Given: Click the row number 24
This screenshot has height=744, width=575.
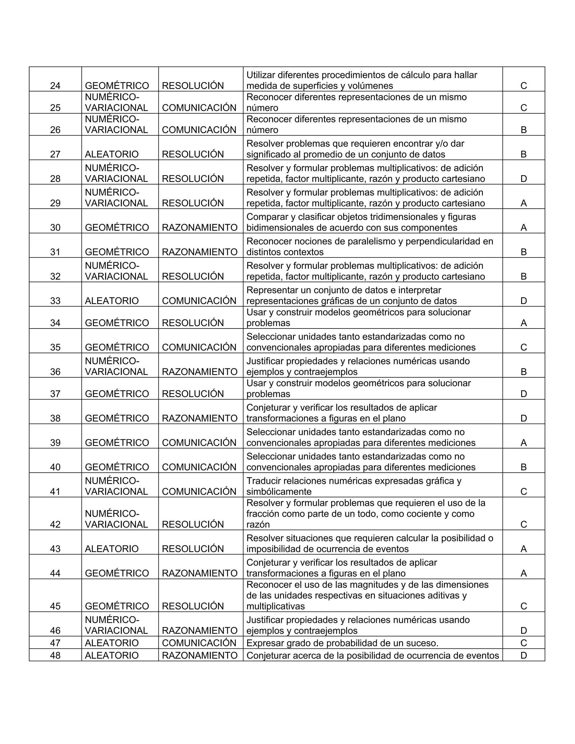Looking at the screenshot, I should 55,86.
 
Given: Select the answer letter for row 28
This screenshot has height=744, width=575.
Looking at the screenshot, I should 524,179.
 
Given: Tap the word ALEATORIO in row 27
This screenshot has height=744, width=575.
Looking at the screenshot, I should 111,154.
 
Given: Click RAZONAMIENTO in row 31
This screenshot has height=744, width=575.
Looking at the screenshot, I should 200,252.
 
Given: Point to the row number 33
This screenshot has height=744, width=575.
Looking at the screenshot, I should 55,301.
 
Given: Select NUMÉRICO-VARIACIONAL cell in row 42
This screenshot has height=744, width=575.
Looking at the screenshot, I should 116,519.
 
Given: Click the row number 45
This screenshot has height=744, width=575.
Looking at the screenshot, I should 55,606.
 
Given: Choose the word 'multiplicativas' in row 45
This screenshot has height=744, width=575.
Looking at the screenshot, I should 276,606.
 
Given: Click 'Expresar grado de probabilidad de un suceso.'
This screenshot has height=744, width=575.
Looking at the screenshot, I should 342,643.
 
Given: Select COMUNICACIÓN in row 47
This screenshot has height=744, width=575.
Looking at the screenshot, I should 199,643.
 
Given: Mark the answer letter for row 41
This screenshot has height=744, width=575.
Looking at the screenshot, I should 524,492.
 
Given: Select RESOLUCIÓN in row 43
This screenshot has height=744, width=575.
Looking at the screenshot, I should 193,549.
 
